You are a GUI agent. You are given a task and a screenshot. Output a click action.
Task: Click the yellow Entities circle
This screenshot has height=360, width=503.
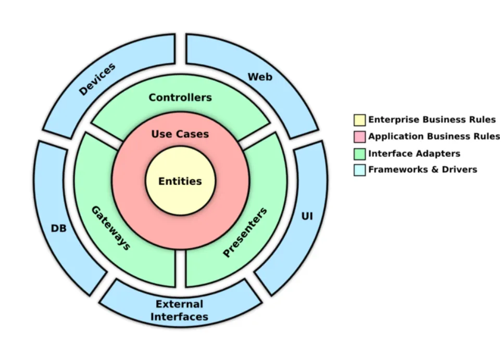coord(180,181)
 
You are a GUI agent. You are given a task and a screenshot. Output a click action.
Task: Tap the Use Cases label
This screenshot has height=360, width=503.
coord(180,134)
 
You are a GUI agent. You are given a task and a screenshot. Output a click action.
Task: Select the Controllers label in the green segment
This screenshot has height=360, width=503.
coord(180,97)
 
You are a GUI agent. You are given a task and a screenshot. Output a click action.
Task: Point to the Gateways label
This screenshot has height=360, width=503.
coord(111,228)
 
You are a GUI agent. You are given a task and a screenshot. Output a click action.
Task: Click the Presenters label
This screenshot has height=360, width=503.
coord(245,232)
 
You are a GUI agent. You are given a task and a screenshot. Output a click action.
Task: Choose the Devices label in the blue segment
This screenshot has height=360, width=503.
coord(97,79)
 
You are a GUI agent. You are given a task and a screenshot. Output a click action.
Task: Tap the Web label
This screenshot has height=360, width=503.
coord(260,77)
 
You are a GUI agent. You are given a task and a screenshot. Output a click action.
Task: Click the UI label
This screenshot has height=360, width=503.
coord(307,215)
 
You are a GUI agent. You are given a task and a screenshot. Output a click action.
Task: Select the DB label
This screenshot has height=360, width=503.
coord(59,228)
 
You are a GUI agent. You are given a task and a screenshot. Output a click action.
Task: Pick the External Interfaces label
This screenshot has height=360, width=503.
coord(180,311)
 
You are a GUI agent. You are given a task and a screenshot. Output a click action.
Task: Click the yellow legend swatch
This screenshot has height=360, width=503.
coord(359,120)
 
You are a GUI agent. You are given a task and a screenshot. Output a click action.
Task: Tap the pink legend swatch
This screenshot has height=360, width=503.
coord(359,137)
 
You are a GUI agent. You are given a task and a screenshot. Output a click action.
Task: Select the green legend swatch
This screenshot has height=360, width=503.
coord(359,154)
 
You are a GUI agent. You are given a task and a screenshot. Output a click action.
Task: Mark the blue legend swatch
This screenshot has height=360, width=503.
coord(359,170)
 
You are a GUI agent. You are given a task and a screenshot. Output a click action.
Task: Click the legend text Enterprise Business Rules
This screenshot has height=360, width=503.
coord(432,120)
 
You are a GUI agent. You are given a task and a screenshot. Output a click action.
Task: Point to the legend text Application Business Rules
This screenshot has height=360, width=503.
coord(434,137)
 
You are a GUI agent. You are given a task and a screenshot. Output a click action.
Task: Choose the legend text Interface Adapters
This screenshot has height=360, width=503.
coord(414,154)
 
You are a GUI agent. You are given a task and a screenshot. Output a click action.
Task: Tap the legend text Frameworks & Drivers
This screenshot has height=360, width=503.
coord(423,169)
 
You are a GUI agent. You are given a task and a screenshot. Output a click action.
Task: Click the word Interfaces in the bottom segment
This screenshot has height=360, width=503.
coord(180,317)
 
